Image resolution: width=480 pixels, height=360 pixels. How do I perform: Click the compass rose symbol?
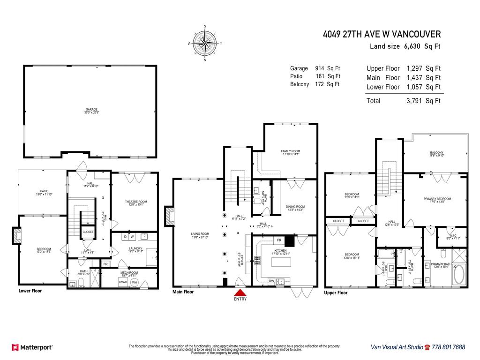[205, 43]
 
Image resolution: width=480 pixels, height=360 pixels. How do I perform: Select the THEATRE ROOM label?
[136, 202]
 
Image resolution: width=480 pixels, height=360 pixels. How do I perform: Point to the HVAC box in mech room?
[123, 282]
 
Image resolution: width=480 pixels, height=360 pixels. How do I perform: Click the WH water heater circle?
[134, 282]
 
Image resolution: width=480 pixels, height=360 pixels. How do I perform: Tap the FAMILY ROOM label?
[290, 151]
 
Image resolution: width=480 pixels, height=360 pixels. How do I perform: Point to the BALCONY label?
[436, 153]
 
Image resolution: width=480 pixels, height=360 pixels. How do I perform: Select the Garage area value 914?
[321, 68]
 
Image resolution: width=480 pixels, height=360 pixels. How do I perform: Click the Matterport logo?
[32, 347]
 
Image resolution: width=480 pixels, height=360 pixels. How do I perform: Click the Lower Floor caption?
[30, 291]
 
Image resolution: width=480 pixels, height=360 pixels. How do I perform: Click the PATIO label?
[44, 191]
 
